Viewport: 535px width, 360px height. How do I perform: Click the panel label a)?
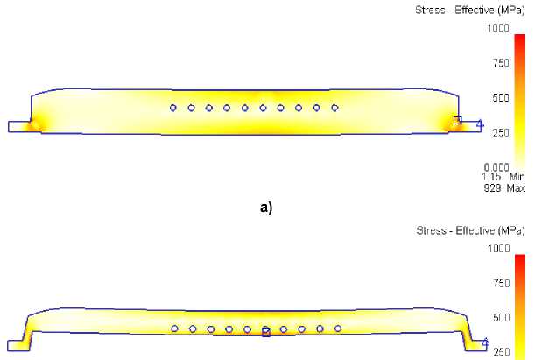(x=266, y=208)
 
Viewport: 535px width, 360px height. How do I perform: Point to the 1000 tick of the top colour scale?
(x=499, y=29)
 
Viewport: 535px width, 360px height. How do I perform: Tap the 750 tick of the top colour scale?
(x=502, y=63)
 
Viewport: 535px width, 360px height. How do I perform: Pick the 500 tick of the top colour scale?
(x=502, y=97)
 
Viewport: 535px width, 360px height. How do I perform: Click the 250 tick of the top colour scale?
(x=502, y=132)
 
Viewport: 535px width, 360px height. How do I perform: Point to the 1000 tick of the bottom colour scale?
(x=499, y=249)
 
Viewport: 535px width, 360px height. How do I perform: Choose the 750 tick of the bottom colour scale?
(x=502, y=283)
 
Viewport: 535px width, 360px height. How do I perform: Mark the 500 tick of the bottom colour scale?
(x=502, y=317)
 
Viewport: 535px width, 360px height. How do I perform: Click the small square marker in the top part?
(x=457, y=120)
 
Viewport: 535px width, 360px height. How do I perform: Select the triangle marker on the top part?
(x=480, y=124)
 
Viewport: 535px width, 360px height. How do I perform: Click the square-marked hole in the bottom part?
(x=266, y=331)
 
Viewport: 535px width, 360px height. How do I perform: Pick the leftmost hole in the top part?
(x=173, y=108)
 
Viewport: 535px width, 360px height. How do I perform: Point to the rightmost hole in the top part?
(x=335, y=108)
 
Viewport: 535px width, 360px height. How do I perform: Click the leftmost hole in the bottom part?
(x=174, y=328)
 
